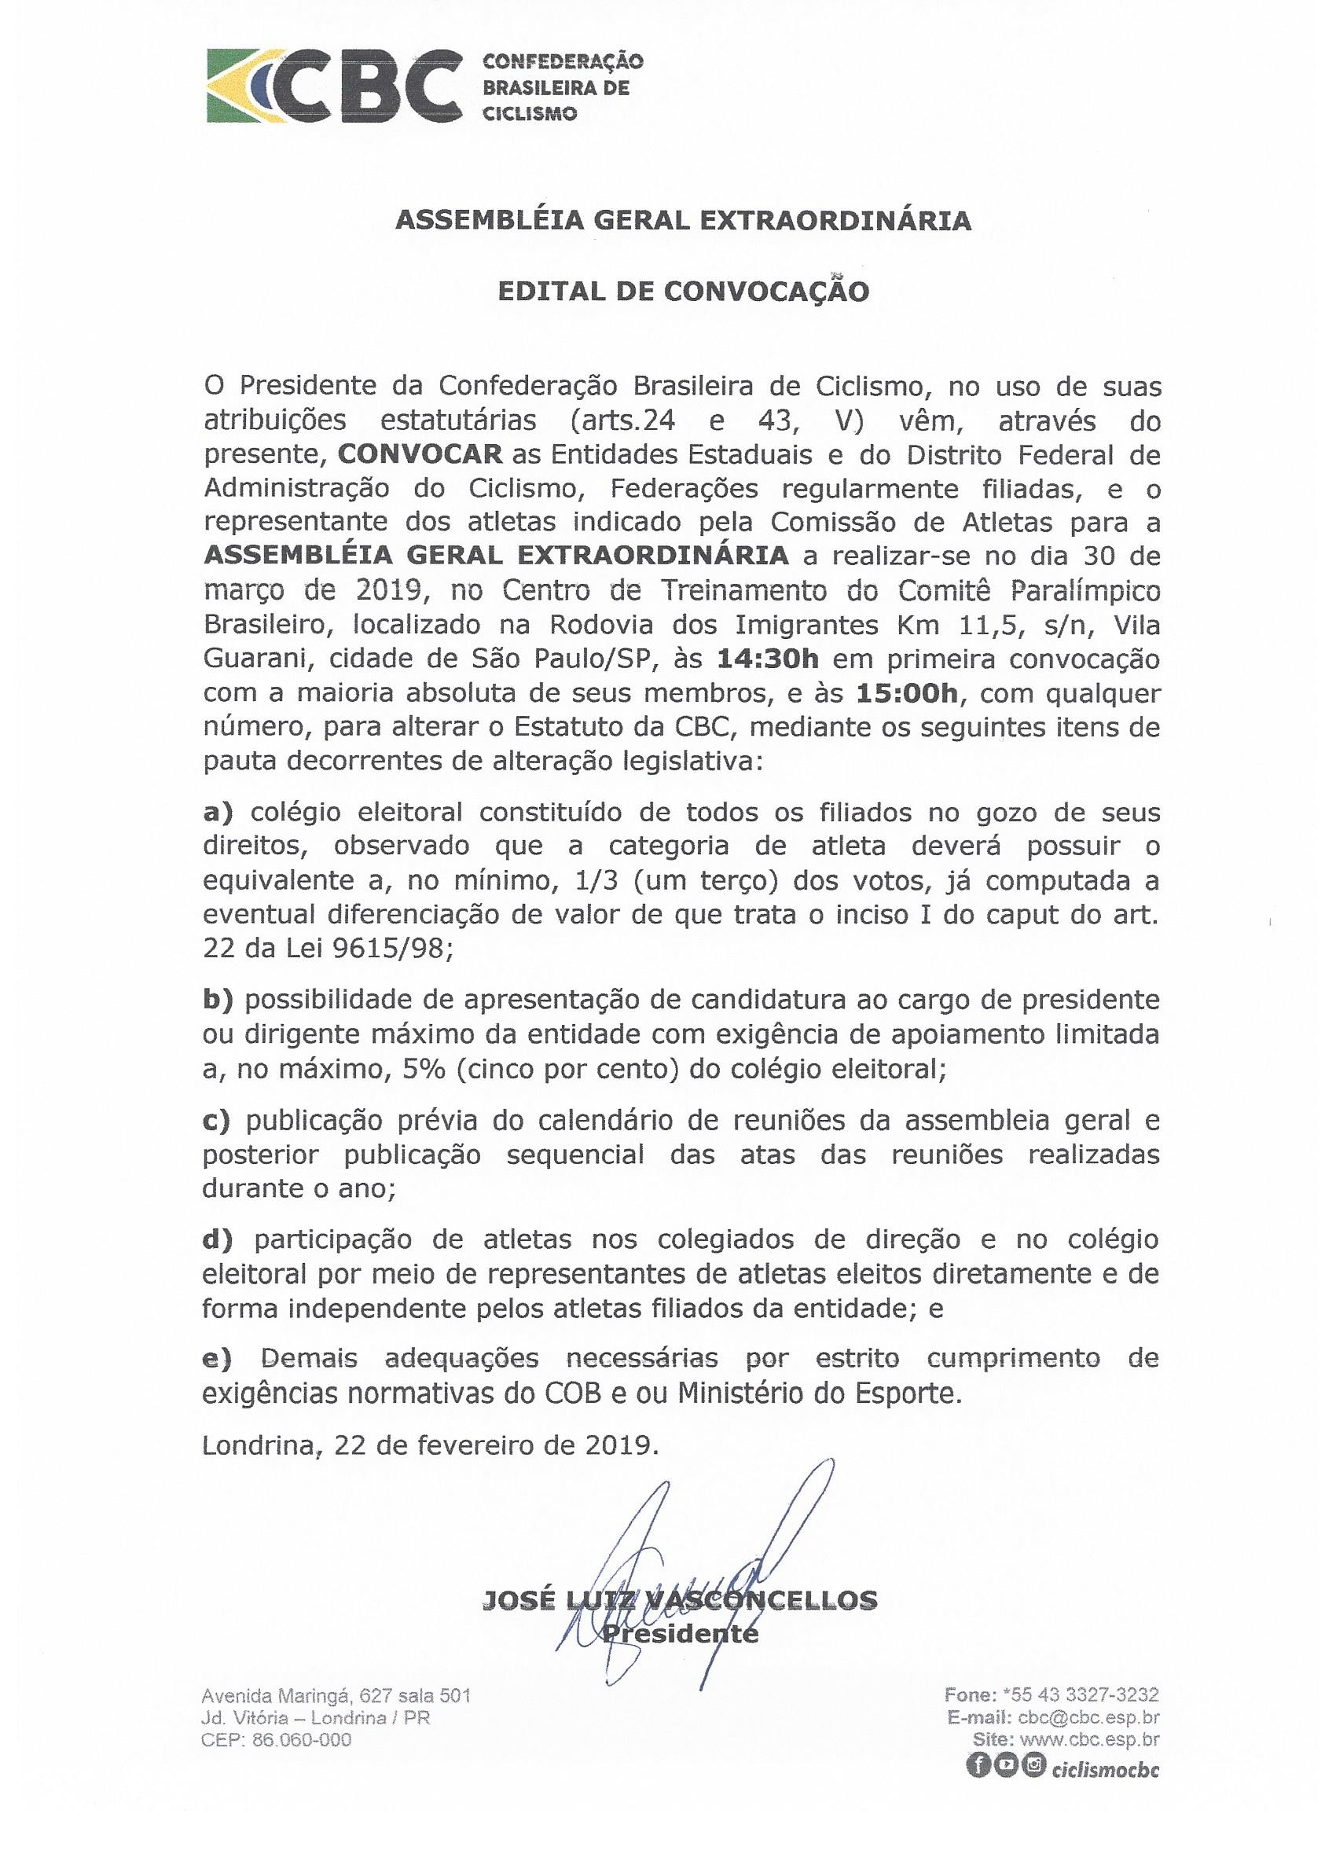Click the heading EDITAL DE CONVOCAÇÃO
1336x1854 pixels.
pyautogui.click(x=684, y=291)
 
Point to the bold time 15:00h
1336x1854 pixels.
pyautogui.click(x=906, y=694)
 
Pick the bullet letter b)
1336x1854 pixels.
pyautogui.click(x=218, y=1000)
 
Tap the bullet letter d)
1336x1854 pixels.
pyautogui.click(x=218, y=1240)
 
